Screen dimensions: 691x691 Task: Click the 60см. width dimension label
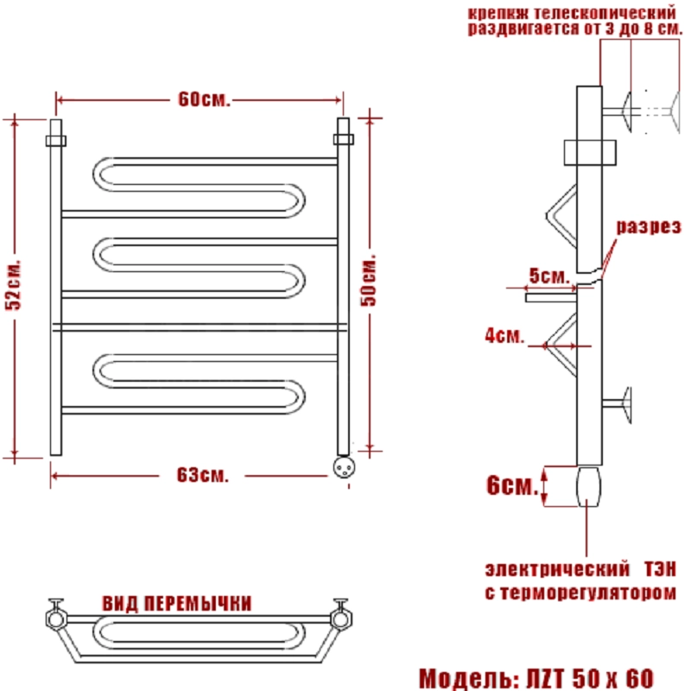click(204, 99)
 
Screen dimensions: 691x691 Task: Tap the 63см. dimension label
click(203, 475)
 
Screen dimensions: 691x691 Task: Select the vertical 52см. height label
click(13, 285)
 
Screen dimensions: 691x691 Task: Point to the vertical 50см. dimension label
click(369, 280)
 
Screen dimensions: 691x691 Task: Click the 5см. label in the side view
click(549, 276)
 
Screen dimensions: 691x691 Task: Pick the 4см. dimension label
click(504, 335)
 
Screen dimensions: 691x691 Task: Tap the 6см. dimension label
click(512, 485)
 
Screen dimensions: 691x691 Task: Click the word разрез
click(649, 226)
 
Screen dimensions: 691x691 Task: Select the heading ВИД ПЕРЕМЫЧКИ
click(177, 603)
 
